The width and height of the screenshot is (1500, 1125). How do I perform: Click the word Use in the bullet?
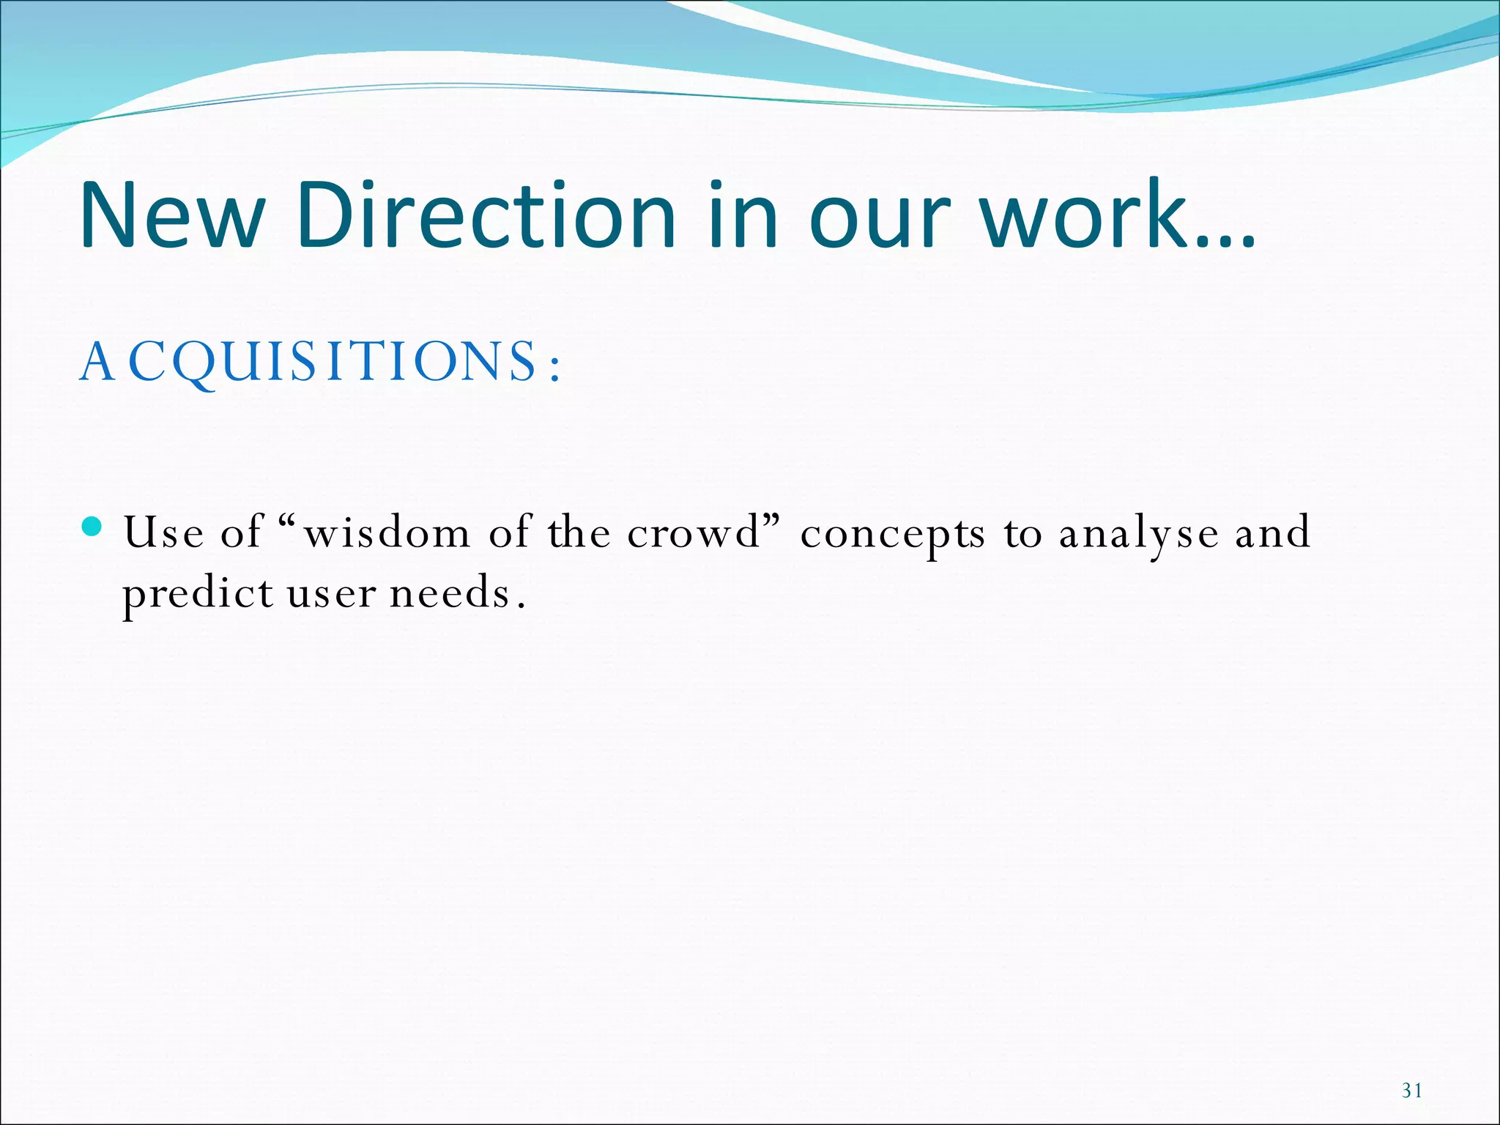coord(163,532)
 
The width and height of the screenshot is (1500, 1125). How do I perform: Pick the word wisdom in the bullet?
coord(387,533)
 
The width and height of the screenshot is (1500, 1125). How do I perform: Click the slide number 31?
coord(1412,1091)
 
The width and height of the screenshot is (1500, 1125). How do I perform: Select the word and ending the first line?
coord(1273,532)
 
